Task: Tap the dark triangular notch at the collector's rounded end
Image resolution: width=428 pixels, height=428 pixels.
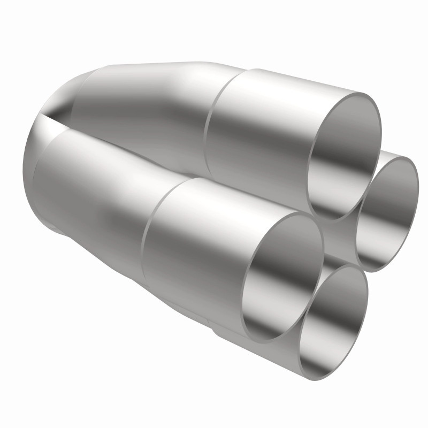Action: (x=56, y=115)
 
